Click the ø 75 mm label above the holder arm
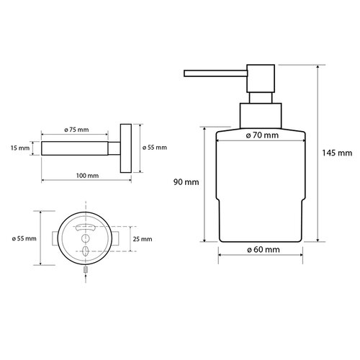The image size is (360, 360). click(x=76, y=129)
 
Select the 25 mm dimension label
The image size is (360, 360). click(x=143, y=238)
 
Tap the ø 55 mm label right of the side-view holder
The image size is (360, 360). click(x=155, y=148)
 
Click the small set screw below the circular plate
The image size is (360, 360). click(x=86, y=270)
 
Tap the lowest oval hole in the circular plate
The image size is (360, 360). click(x=86, y=251)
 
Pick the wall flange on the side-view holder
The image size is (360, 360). click(x=127, y=148)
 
